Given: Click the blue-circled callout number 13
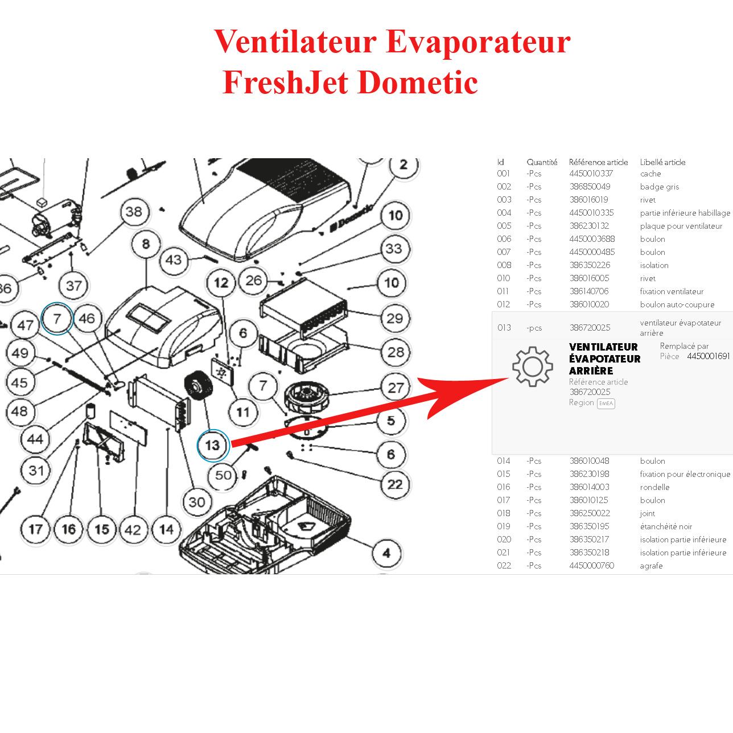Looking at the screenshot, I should coord(213,446).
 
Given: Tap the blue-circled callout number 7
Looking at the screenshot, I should coord(57,319).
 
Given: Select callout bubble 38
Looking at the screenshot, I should coord(134,212).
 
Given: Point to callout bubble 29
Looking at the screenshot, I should coord(394,318).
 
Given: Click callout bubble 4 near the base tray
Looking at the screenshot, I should coord(386,553).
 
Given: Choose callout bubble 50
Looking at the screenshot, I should coord(223,475).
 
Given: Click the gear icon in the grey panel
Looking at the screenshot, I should coord(532,367).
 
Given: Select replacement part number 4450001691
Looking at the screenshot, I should coord(708,356).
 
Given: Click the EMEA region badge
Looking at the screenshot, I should coord(606,403).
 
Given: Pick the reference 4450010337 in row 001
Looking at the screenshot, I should coord(591,174).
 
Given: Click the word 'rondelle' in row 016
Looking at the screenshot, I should coord(654,487).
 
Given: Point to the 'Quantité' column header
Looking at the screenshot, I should coord(542,162).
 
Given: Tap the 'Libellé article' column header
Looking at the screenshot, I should coord(662,162).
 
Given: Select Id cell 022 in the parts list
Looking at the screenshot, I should coord(504,566).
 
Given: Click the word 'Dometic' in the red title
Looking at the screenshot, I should coord(418,83).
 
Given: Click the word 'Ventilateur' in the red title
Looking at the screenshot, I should coord(295,42).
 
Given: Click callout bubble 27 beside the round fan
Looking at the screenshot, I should coord(396,388).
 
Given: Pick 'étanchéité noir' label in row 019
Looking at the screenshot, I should coord(666,526).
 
